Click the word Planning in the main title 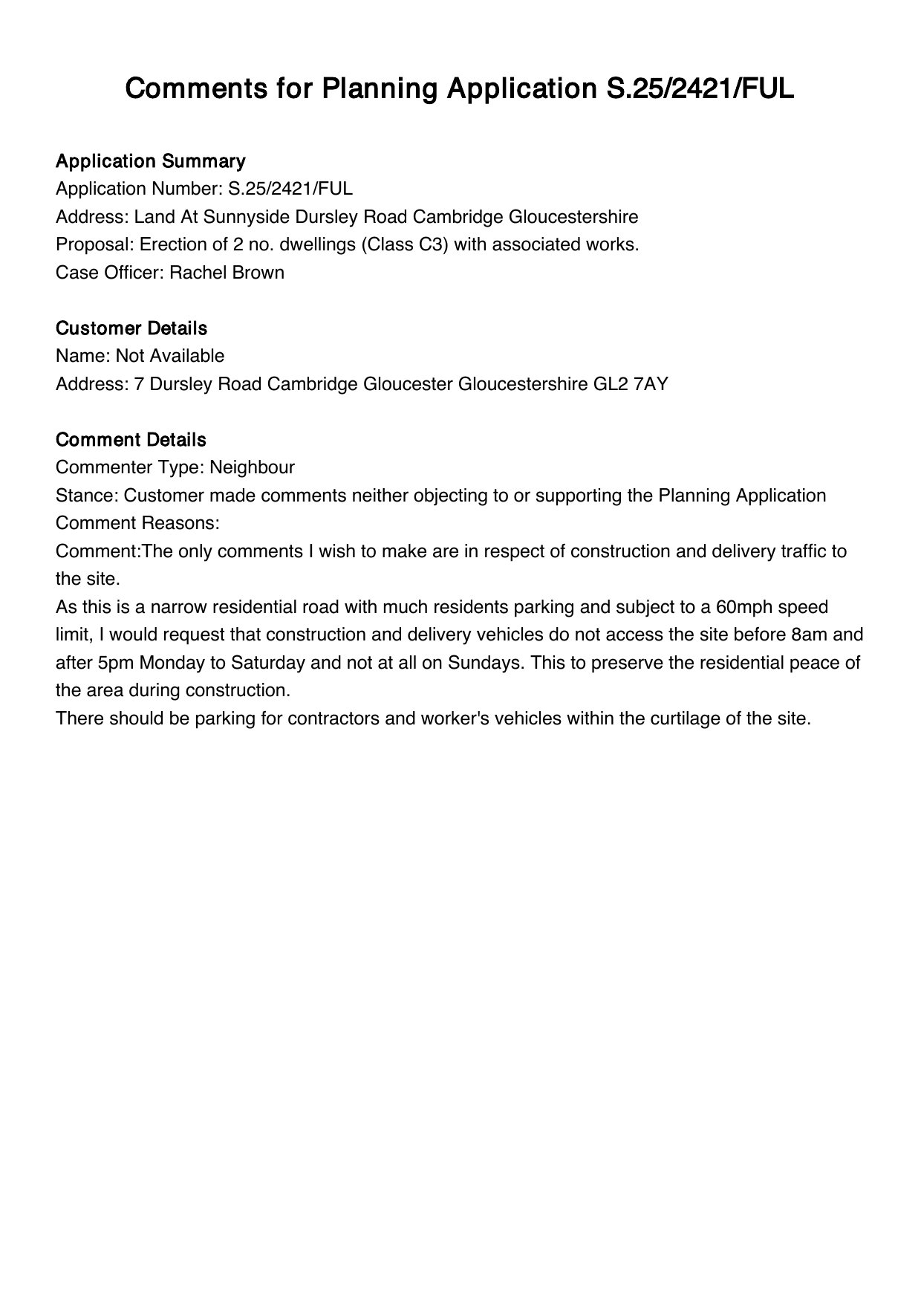pos(380,89)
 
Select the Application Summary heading pos(150,161)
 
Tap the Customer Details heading pos(131,328)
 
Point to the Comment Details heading pos(131,440)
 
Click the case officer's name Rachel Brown pos(227,273)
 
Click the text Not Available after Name pos(170,356)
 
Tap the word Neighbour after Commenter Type pos(252,467)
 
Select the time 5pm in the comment pos(115,663)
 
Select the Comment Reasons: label pos(137,523)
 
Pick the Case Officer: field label pos(110,273)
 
